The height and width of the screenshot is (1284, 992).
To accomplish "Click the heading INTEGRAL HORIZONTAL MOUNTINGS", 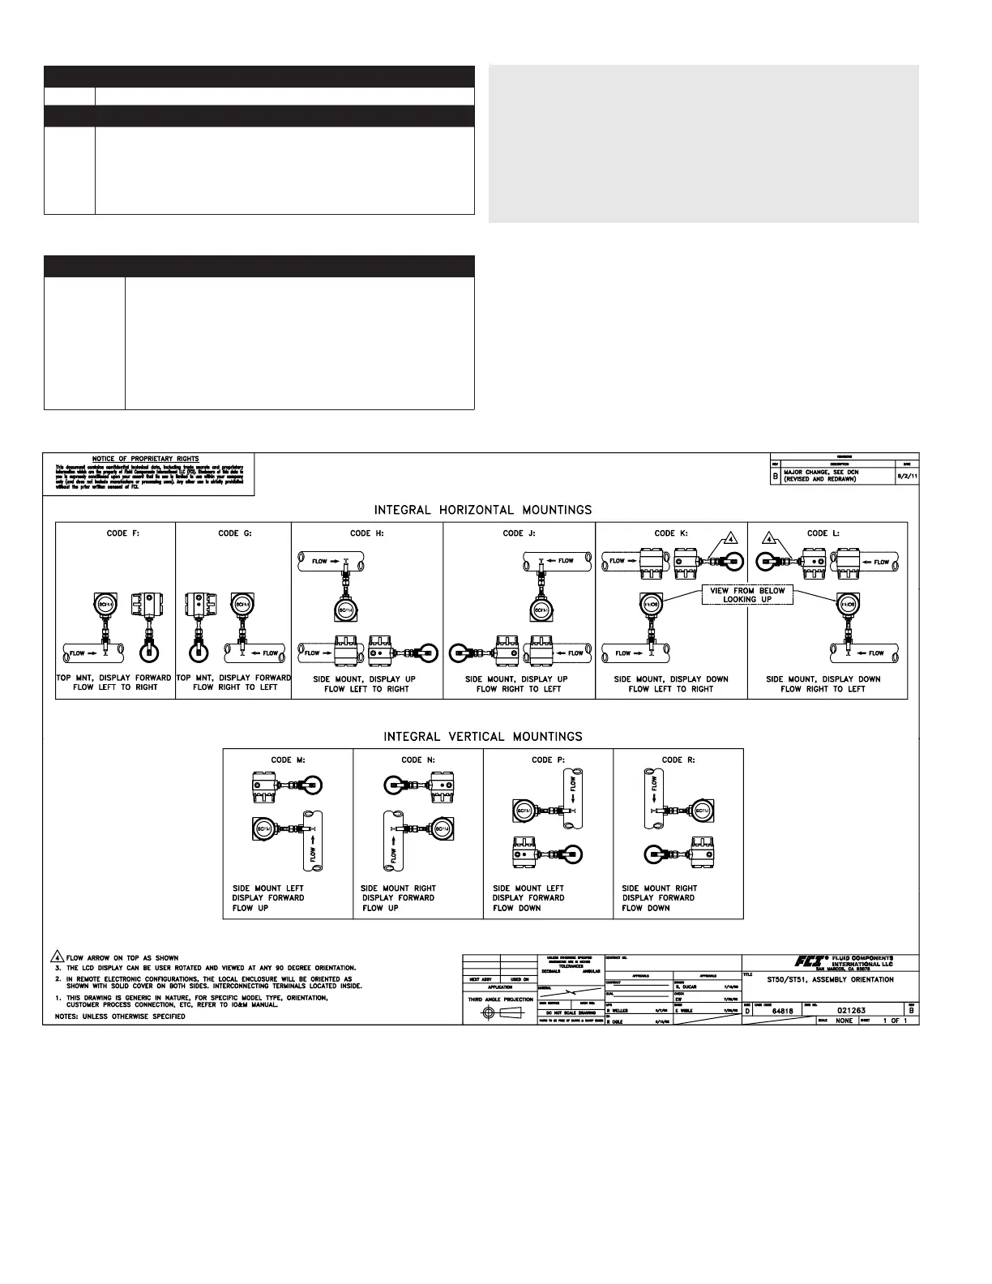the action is click(482, 510).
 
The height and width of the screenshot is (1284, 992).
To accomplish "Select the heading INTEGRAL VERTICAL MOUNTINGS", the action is click(482, 737).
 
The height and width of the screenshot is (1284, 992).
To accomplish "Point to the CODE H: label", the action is click(367, 533).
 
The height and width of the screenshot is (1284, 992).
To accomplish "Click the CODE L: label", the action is click(823, 533).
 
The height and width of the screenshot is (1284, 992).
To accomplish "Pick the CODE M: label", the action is click(288, 760).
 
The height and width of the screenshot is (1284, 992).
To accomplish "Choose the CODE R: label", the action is click(678, 760).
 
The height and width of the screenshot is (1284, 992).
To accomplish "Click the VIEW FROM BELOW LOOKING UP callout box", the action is click(747, 595).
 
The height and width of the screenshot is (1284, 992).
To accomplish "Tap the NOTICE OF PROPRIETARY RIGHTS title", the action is click(146, 459).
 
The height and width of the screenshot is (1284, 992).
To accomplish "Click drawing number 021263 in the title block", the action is click(854, 1011).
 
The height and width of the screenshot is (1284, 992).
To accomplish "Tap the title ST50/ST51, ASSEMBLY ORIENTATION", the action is click(830, 979).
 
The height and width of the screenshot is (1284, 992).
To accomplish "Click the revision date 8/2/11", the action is click(907, 477).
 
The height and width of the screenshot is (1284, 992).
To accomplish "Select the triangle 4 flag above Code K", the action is click(730, 539).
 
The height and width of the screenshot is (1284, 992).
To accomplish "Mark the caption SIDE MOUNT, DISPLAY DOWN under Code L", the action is click(823, 679).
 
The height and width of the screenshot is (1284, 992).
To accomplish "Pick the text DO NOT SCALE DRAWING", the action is click(571, 1013).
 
